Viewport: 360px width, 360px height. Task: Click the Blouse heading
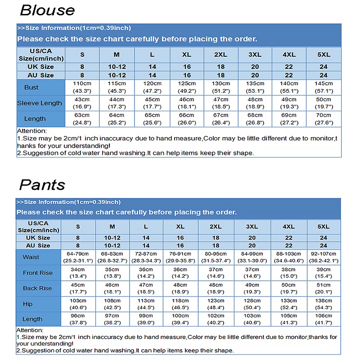pos(47,10)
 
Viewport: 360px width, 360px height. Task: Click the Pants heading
pos(42,184)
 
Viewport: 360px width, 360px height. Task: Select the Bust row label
pos(31,87)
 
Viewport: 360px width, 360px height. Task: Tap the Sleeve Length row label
pos(40,103)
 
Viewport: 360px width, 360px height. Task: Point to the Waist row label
pos(31,257)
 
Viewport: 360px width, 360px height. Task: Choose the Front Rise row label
pos(38,273)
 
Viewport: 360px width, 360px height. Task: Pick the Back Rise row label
pos(38,288)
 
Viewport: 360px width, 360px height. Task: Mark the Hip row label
pos(28,304)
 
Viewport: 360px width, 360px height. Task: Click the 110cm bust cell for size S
pos(82,87)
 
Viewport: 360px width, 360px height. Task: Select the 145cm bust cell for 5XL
pos(324,87)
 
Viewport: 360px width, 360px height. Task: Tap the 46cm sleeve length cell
pos(187,103)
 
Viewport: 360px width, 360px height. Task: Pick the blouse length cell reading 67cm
pos(220,119)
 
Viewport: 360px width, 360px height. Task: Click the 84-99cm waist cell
pos(252,257)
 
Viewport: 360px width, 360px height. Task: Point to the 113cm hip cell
pos(146,304)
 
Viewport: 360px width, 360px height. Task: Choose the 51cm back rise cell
pos(323,288)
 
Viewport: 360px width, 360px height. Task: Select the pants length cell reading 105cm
pos(288,319)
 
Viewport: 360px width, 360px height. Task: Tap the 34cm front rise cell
pos(77,273)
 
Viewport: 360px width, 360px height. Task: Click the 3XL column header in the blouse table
pos(255,54)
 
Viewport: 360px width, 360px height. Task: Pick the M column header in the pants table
pos(112,226)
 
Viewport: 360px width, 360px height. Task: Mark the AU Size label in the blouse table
pos(40,75)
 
